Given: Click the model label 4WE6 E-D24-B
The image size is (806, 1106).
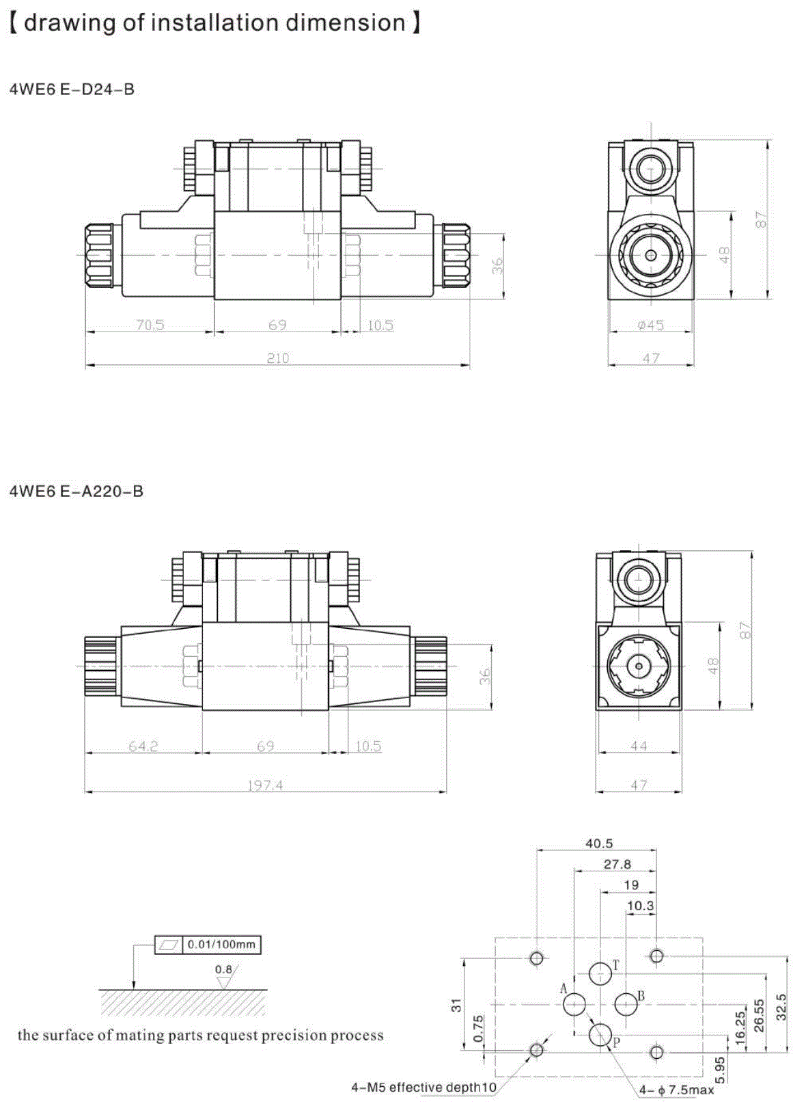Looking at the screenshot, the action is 72,90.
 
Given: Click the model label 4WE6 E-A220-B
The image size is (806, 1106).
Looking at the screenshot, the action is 77,491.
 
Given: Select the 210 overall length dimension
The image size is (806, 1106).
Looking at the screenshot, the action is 278,358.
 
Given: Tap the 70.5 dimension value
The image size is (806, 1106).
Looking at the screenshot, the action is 150,325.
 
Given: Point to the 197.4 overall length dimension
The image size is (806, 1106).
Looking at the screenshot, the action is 265,785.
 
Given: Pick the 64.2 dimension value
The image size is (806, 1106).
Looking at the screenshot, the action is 143,746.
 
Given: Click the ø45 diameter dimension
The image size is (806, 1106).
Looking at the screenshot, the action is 651,325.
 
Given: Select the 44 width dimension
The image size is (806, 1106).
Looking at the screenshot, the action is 639,746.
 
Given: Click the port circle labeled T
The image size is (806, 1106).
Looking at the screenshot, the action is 600,973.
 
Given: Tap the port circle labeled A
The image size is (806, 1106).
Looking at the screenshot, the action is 574,1004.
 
